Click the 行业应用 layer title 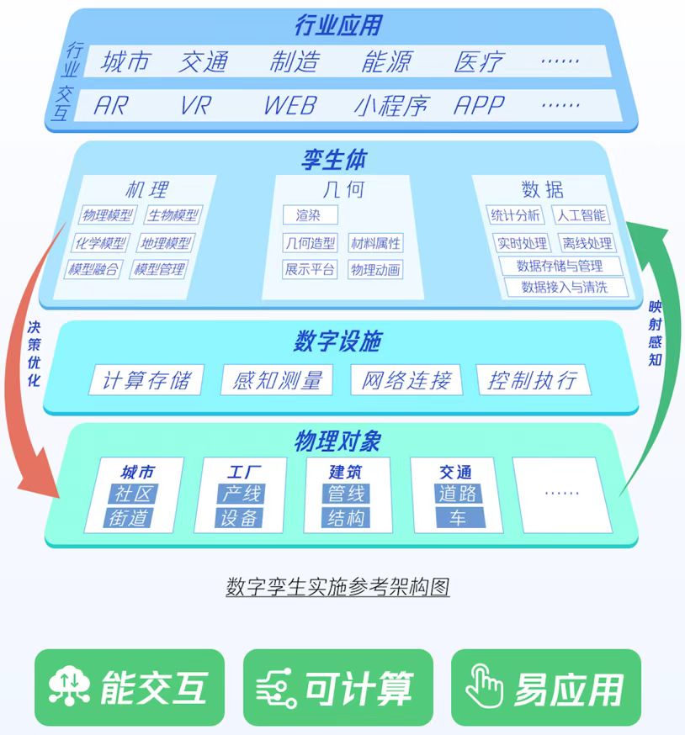coord(338,25)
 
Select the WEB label coord(289,105)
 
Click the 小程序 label coord(390,105)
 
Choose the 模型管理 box coord(160,269)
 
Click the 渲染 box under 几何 coord(309,215)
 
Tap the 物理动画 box coord(375,270)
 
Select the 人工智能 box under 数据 coord(581,215)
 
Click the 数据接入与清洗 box coord(566,287)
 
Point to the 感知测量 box coord(278,379)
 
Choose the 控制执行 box coord(532,379)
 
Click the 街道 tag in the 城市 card coord(129,517)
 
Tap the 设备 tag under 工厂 coord(240,517)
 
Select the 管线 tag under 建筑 coord(346,494)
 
